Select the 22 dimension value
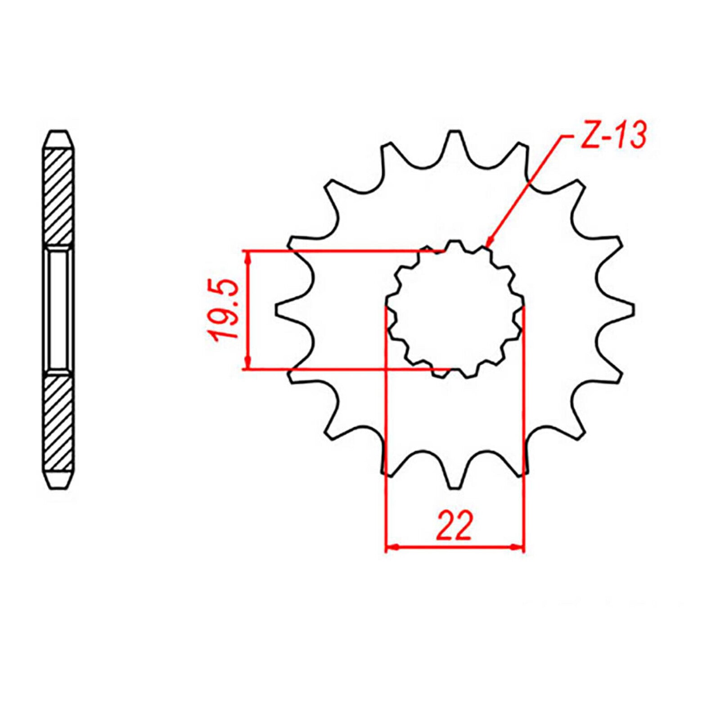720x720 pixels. [454, 526]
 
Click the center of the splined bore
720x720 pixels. [455, 310]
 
